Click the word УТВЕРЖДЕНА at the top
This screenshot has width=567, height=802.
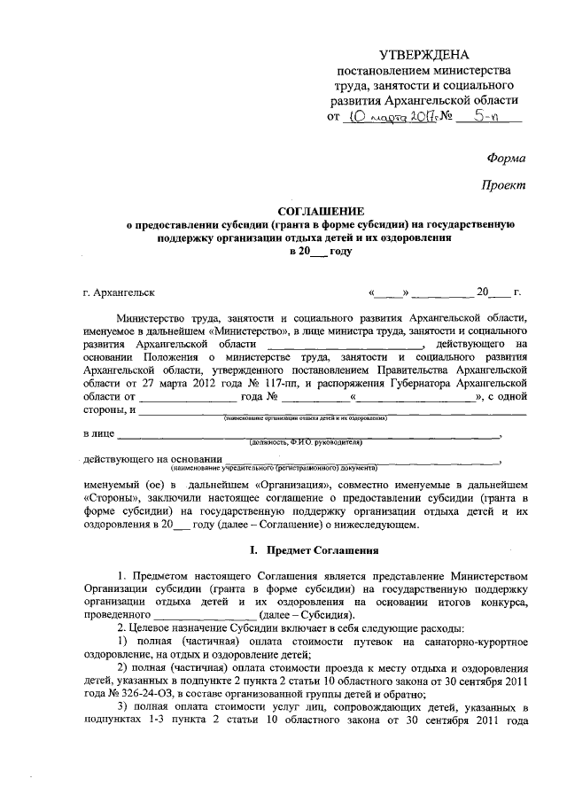423,56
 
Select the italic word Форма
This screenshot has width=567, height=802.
506,158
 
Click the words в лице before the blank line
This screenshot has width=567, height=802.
99,434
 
